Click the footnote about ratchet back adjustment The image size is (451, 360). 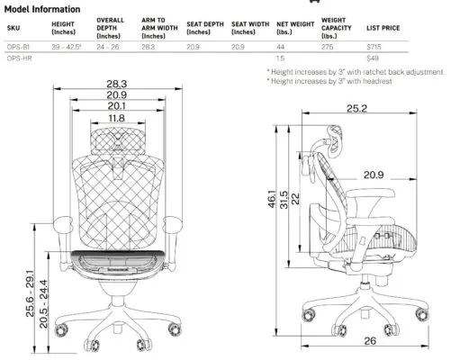tap(355, 71)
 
